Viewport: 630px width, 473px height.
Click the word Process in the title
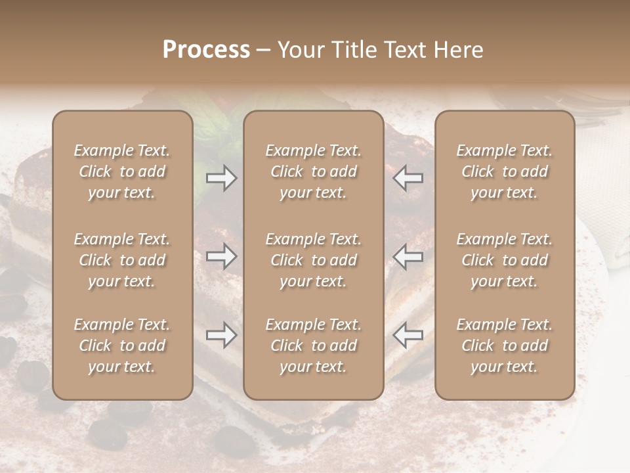[206, 50]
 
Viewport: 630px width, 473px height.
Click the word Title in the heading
[355, 50]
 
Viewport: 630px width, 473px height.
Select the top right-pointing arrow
[221, 178]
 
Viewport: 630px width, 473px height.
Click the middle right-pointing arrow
[221, 256]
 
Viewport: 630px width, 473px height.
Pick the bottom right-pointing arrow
[221, 335]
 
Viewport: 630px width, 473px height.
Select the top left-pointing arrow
[408, 178]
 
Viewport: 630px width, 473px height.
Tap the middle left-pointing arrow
[408, 256]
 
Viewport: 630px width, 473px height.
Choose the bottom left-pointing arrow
[408, 335]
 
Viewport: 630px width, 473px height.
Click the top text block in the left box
[122, 171]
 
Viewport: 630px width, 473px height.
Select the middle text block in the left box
[122, 260]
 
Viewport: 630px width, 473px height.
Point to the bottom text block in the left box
[122, 346]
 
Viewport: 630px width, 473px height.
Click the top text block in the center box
[313, 171]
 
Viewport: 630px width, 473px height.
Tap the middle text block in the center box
[313, 260]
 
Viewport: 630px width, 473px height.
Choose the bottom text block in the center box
[313, 346]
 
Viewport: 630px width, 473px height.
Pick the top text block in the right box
[505, 171]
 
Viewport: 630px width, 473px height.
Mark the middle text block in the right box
[505, 260]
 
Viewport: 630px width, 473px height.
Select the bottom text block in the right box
[505, 346]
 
